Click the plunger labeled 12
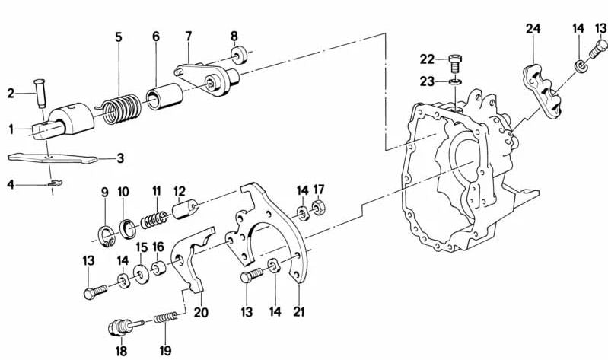click(x=186, y=207)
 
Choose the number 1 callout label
click(x=11, y=129)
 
